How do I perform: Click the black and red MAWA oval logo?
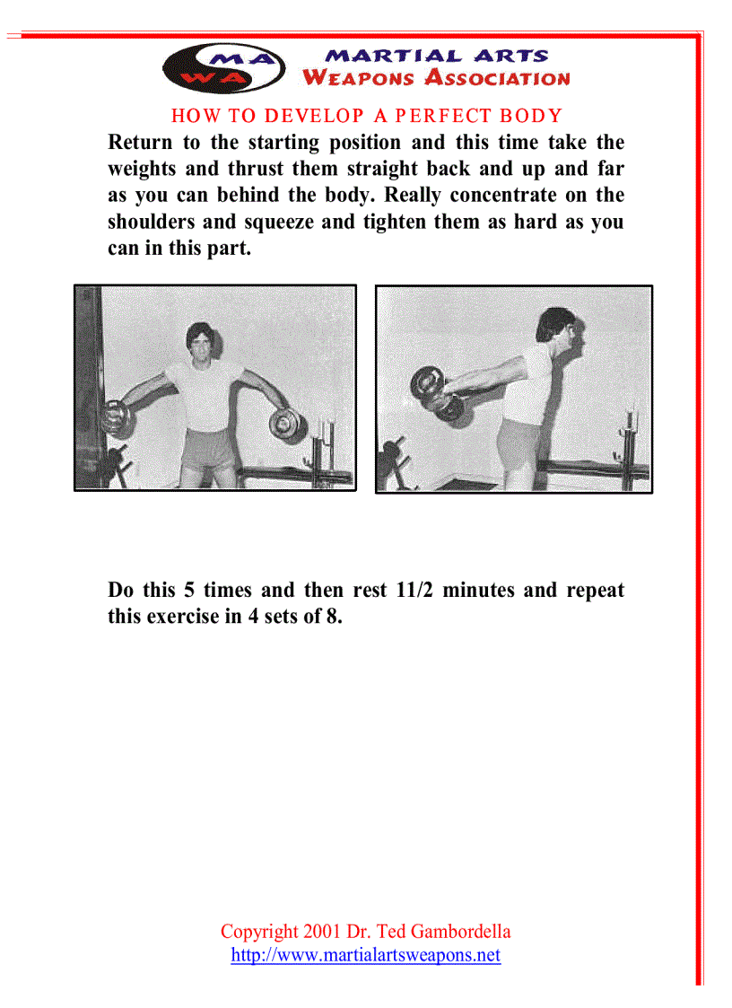(x=223, y=68)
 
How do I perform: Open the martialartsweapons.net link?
(x=365, y=955)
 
